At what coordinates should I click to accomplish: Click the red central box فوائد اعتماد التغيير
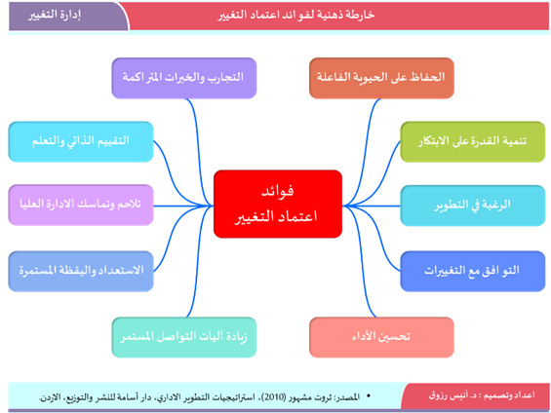(x=278, y=204)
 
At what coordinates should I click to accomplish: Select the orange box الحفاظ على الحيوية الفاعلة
(x=381, y=78)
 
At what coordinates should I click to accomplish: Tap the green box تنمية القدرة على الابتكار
(x=473, y=142)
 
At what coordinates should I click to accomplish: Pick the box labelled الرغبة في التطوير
(x=473, y=206)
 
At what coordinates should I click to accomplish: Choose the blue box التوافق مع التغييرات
(x=473, y=271)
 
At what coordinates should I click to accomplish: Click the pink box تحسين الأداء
(x=381, y=337)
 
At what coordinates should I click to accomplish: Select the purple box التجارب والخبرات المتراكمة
(x=184, y=78)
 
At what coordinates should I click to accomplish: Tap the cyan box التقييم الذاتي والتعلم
(x=81, y=142)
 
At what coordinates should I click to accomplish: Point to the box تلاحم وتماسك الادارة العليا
(x=81, y=205)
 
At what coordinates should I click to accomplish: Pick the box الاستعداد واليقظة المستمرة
(x=81, y=271)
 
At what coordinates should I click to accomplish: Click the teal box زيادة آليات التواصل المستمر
(x=184, y=337)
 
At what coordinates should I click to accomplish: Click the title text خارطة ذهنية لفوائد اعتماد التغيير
(x=295, y=16)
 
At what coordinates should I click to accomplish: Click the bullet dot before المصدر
(x=369, y=396)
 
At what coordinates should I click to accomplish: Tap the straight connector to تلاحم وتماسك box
(x=183, y=206)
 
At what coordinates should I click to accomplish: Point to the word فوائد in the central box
(x=278, y=192)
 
